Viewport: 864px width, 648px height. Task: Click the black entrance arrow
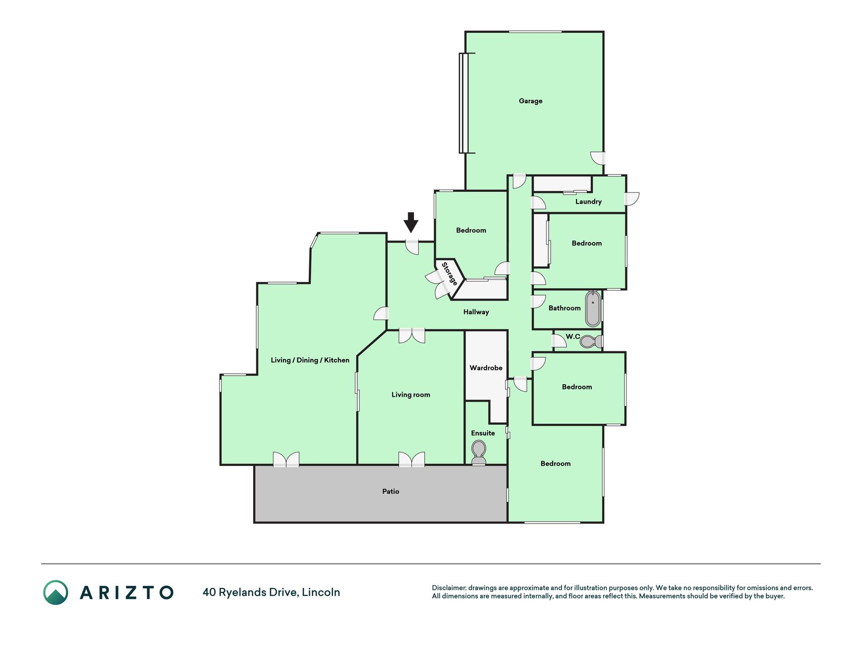(x=411, y=222)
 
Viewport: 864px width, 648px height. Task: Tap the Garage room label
(x=530, y=101)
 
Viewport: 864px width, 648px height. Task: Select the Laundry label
(x=588, y=201)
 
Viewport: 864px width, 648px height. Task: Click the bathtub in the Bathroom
(x=593, y=309)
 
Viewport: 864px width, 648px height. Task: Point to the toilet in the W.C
(x=590, y=342)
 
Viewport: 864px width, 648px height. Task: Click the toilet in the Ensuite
(x=478, y=453)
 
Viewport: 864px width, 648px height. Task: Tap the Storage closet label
(x=449, y=273)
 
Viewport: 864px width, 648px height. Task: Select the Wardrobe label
(x=486, y=368)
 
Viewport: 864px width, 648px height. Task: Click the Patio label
(x=391, y=492)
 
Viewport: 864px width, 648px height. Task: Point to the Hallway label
(x=476, y=312)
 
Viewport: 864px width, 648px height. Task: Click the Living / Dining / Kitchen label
(x=310, y=360)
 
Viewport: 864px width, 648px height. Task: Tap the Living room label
(x=410, y=395)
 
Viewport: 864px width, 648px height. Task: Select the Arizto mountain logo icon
(x=56, y=592)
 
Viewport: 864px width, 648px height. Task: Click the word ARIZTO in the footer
(x=127, y=593)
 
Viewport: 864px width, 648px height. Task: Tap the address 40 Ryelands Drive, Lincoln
(x=271, y=592)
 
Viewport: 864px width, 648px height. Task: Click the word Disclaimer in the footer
(x=449, y=588)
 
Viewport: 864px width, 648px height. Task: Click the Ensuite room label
(x=483, y=433)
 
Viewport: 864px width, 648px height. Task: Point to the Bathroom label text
(x=564, y=308)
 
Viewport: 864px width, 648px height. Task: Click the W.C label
(x=572, y=337)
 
